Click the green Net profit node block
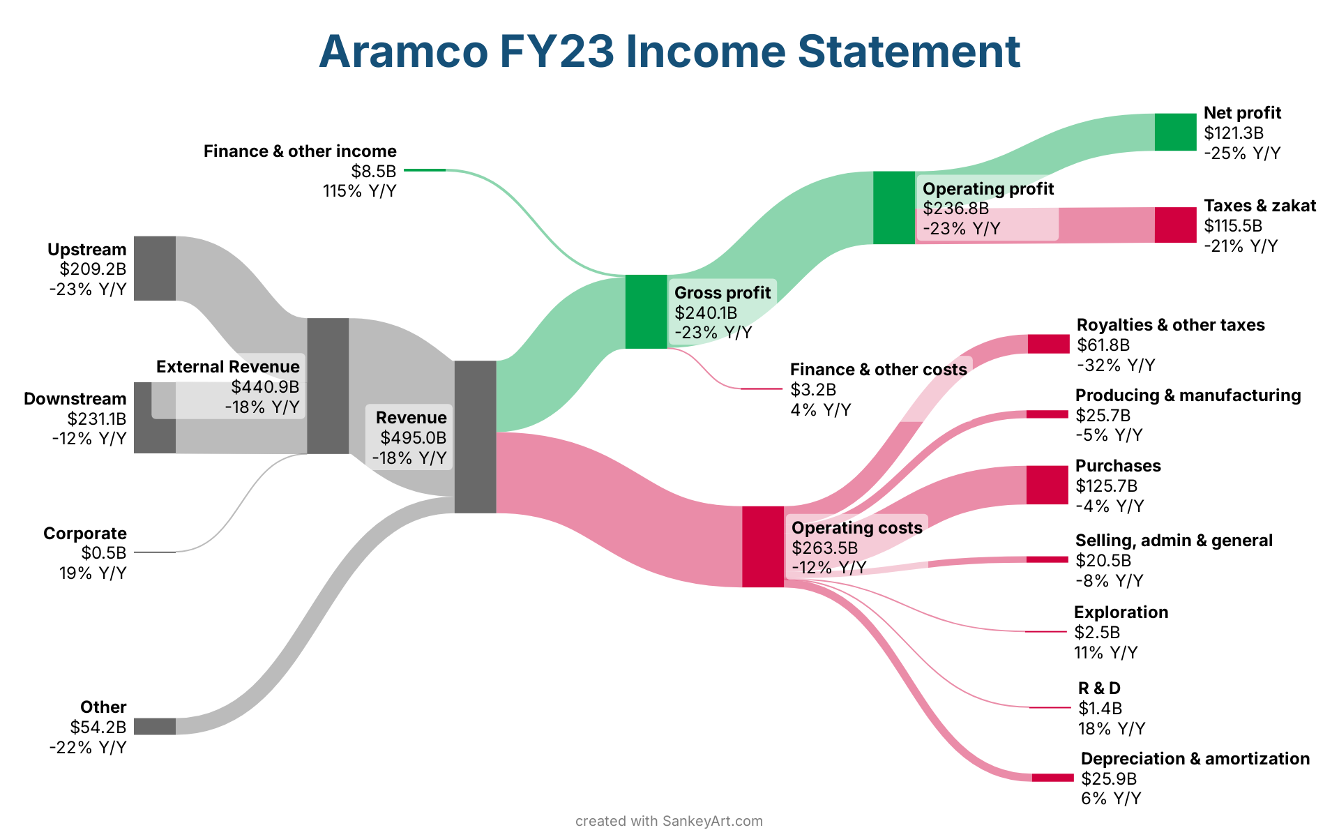(1175, 132)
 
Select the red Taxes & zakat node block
(1175, 225)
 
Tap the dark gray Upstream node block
(155, 269)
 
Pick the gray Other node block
(155, 726)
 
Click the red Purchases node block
(1047, 485)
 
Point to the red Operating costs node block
(763, 547)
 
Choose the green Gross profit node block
(646, 312)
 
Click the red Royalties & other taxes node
(1048, 344)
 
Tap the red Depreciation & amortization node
(1053, 778)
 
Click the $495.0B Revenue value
(413, 438)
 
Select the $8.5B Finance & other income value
(373, 171)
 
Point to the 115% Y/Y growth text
(359, 191)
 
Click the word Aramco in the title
(403, 51)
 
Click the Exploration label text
(1121, 612)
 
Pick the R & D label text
(1099, 688)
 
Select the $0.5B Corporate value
(104, 553)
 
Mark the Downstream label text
(75, 399)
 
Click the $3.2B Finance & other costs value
(813, 390)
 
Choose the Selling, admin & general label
(1174, 541)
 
